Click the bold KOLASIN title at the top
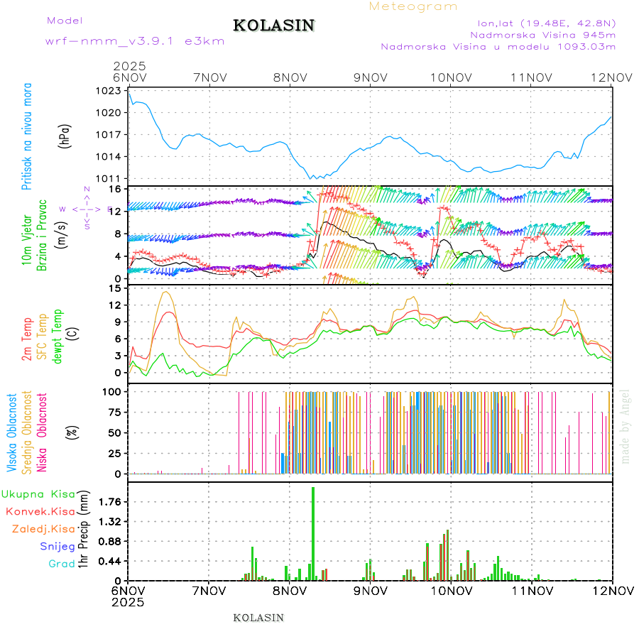click(x=273, y=26)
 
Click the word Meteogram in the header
click(x=414, y=6)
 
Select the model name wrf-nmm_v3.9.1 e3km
click(x=135, y=40)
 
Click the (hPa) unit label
click(x=64, y=135)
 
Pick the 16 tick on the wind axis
click(x=116, y=190)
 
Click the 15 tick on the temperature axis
click(x=116, y=288)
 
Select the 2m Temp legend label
click(x=27, y=339)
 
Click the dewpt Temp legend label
click(x=58, y=336)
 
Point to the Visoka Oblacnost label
click(x=12, y=433)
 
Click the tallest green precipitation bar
click(x=313, y=533)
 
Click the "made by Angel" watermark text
click(x=626, y=426)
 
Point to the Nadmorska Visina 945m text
click(x=543, y=34)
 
